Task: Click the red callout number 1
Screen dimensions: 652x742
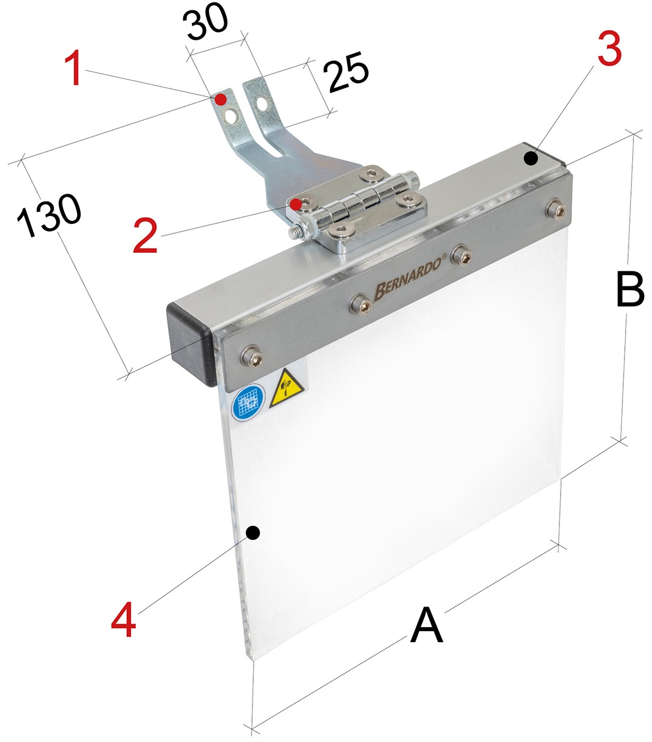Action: pos(75,68)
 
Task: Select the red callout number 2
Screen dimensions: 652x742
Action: pos(146,235)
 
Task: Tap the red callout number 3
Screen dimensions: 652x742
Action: pos(609,48)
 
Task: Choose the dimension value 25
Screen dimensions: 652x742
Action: pos(346,72)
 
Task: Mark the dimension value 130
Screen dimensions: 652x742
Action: pos(49,216)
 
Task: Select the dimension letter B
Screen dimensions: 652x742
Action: pos(630,289)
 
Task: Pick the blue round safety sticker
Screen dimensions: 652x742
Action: pos(248,403)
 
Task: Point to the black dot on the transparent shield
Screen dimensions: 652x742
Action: pos(253,533)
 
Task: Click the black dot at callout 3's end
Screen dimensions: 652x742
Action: pos(531,159)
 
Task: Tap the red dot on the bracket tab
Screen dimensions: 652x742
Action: pos(220,99)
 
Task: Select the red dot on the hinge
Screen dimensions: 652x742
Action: pos(296,205)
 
